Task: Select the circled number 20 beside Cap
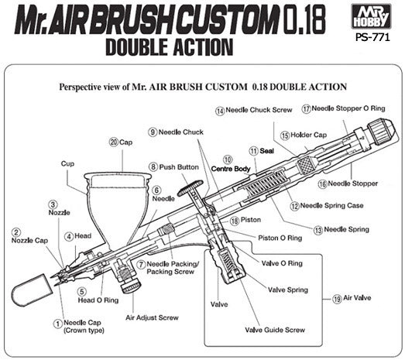[113, 142]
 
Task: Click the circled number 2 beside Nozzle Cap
[16, 231]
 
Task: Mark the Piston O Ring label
[280, 238]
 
